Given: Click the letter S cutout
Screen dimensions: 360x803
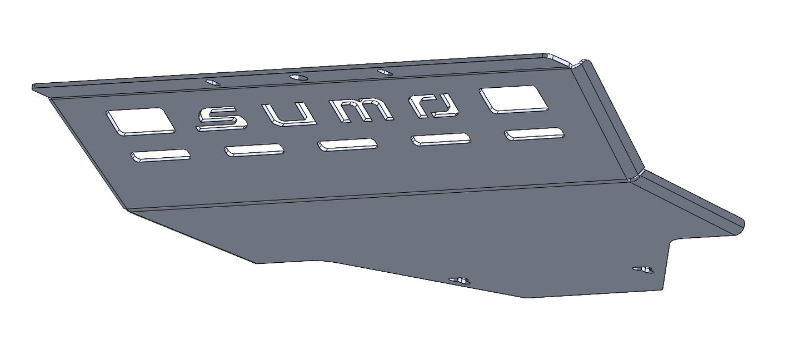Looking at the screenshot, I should (x=221, y=119).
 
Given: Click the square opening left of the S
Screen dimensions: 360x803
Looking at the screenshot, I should (x=140, y=121).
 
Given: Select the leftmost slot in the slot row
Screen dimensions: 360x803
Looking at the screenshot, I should (x=161, y=156).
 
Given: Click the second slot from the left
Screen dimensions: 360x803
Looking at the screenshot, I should (x=254, y=150).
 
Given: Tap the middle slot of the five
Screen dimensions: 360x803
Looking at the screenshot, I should (x=347, y=144).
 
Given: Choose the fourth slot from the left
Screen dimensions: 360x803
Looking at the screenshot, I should (x=440, y=139).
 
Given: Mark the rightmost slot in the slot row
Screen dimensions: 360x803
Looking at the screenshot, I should (x=533, y=134).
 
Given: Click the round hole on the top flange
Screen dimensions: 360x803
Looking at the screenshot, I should (x=297, y=77).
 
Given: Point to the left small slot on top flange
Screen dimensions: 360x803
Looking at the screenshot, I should (x=212, y=82).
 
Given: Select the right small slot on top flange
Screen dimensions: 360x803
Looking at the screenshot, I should (x=383, y=72).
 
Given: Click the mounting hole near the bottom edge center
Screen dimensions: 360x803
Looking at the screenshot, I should (x=459, y=280).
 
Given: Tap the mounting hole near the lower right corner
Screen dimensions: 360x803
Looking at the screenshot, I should (x=644, y=269).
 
